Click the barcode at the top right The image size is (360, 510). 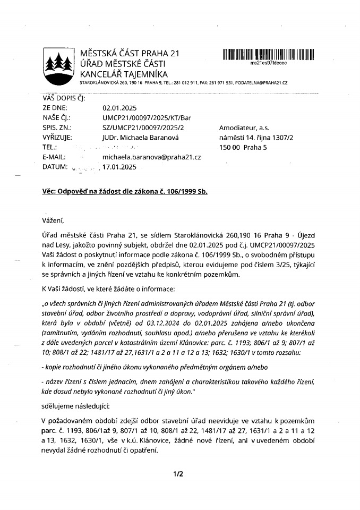point(268,54)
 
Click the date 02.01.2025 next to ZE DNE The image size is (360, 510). point(119,108)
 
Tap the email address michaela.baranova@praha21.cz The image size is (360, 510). point(151,157)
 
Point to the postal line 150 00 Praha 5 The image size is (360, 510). point(241,147)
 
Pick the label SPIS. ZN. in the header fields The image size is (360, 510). point(56,127)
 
